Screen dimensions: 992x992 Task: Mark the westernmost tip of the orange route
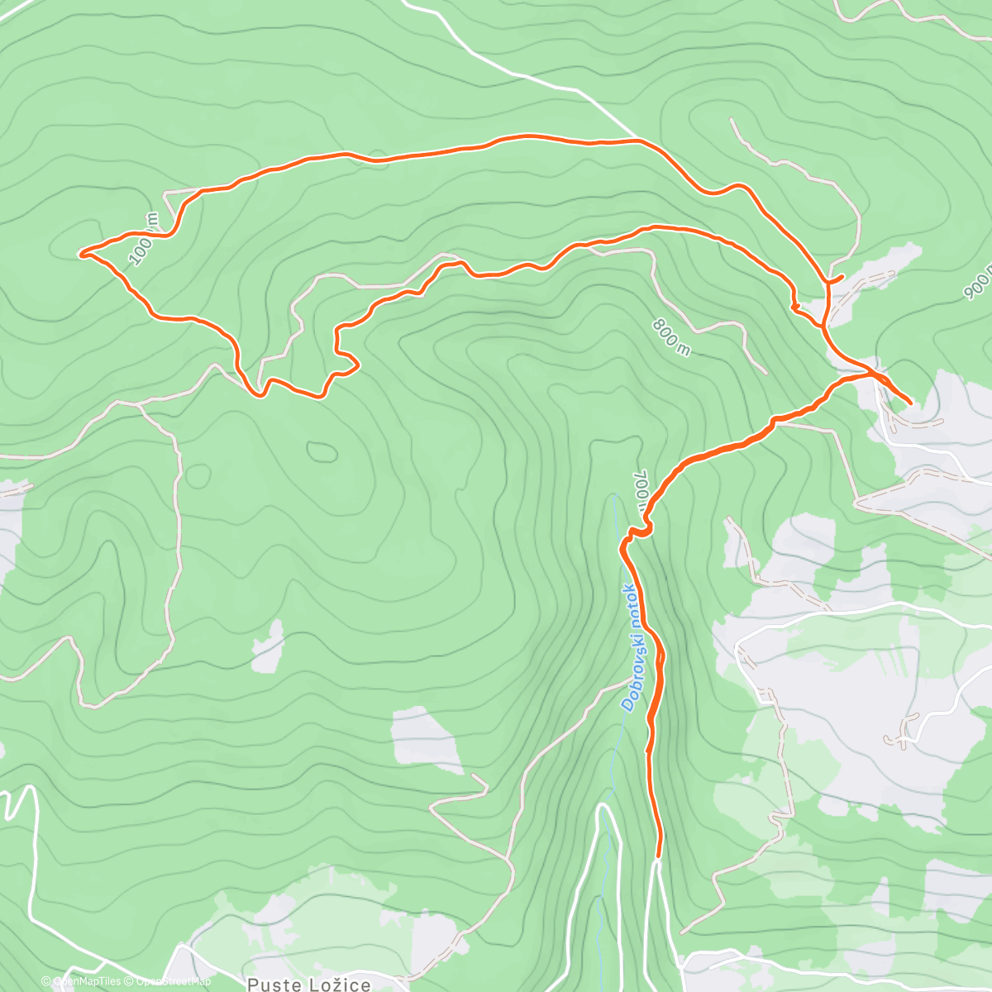(x=81, y=253)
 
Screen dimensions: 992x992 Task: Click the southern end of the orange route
(x=658, y=856)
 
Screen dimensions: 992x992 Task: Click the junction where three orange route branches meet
(x=870, y=374)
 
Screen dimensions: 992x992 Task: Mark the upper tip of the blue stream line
(x=613, y=496)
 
